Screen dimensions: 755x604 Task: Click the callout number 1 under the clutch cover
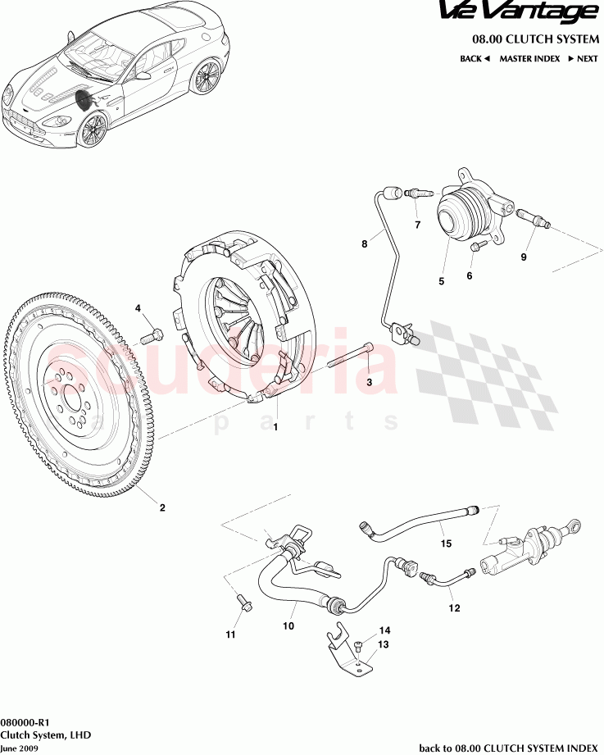(275, 427)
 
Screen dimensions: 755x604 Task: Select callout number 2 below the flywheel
(162, 507)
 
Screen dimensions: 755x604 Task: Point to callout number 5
(441, 281)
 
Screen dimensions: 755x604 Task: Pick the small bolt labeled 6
(479, 243)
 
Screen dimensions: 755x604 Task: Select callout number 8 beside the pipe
(365, 243)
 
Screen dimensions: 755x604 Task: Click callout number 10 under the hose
(288, 626)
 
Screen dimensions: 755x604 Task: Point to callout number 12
(454, 608)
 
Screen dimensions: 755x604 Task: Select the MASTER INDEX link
(529, 59)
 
